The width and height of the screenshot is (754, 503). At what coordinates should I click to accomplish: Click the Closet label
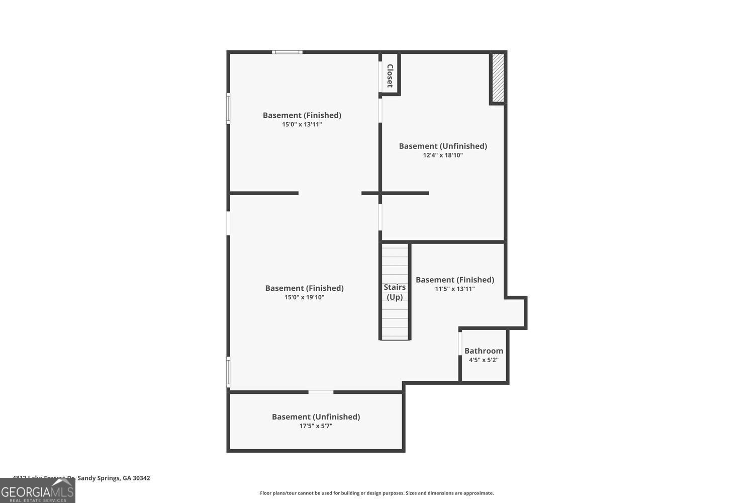[390, 75]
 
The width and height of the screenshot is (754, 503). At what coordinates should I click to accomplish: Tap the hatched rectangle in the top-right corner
[498, 77]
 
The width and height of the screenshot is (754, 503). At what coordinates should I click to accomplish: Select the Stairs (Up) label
[395, 292]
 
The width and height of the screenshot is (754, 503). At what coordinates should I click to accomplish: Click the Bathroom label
[484, 351]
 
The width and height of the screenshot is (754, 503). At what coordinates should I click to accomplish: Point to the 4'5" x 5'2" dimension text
[484, 360]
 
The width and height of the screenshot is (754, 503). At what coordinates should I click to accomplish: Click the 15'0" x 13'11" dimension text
[302, 124]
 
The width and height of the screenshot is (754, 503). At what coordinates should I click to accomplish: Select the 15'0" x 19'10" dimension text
[304, 297]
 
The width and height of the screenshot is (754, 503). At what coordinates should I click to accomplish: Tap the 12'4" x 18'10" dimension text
[443, 155]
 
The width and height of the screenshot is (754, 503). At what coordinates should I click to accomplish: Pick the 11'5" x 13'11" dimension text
[454, 289]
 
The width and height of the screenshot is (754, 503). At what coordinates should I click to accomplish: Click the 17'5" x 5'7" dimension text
[316, 426]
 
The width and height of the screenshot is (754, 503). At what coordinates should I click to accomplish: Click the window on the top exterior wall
[287, 52]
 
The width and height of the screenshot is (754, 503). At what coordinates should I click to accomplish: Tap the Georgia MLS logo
[37, 490]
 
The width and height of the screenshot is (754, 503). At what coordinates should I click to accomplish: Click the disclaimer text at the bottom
[376, 493]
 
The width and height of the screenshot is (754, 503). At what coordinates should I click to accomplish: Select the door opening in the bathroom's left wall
[460, 344]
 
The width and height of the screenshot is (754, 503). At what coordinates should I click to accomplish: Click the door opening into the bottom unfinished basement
[321, 392]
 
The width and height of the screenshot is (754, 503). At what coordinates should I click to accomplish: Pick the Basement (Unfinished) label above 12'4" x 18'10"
[443, 146]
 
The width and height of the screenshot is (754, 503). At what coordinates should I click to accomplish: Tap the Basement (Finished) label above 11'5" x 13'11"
[454, 280]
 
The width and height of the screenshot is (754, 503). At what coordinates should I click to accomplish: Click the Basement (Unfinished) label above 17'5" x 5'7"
[316, 416]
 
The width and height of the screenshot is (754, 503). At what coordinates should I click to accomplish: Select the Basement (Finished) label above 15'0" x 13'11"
[302, 115]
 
